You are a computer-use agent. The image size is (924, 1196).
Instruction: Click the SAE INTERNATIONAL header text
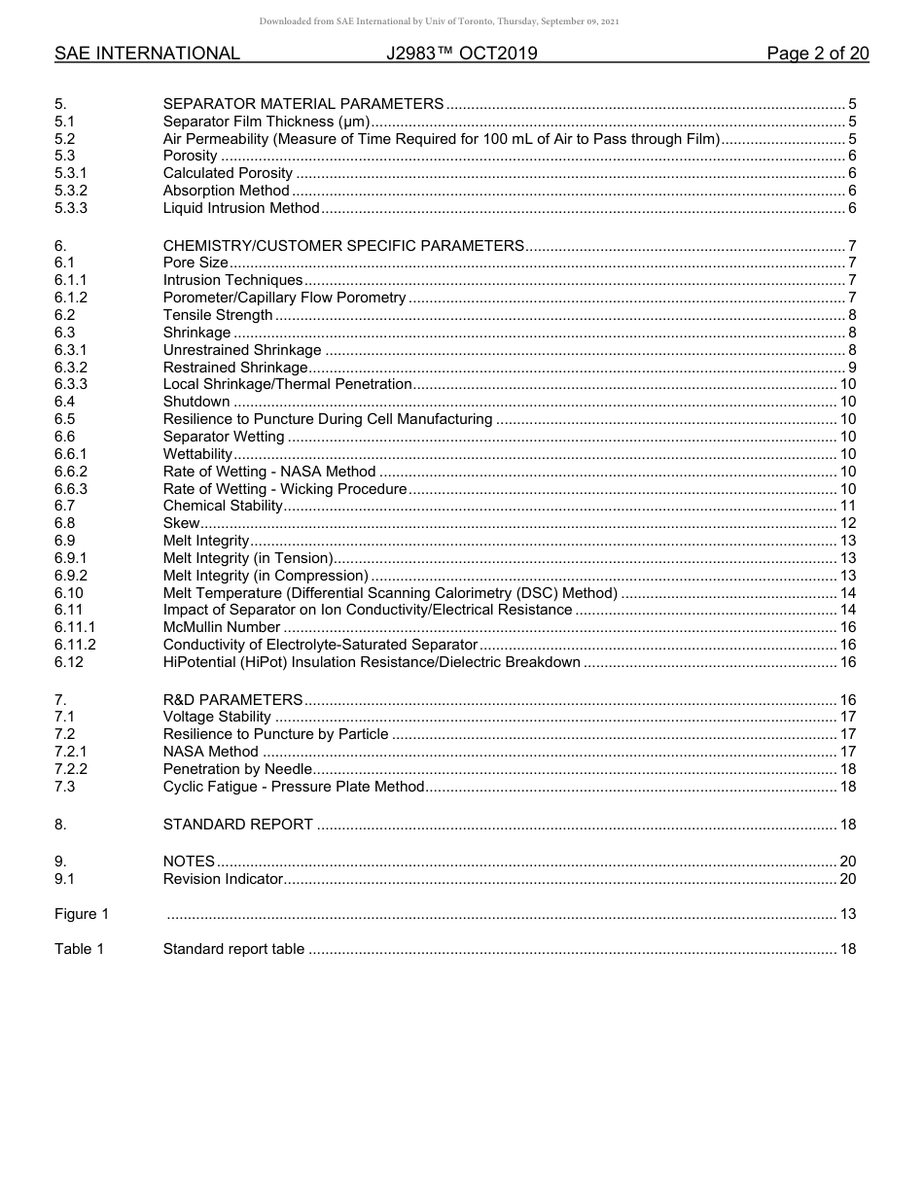(147, 54)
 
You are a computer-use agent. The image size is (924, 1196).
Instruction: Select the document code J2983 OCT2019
(461, 54)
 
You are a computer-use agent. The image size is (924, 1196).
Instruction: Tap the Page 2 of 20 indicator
(817, 54)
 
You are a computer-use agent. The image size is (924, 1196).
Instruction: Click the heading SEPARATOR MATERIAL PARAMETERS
(303, 104)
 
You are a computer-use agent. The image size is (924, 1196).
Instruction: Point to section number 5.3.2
(71, 191)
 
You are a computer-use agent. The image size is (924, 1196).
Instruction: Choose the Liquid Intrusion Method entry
(241, 208)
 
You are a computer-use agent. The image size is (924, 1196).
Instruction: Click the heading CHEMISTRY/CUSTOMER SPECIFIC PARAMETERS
(343, 246)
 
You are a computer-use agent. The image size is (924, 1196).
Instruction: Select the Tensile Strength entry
(218, 315)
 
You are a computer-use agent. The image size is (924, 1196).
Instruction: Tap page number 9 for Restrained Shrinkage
(851, 368)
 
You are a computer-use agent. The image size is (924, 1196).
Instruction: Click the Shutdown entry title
(196, 402)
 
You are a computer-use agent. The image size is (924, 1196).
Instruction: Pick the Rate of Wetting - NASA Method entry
(269, 472)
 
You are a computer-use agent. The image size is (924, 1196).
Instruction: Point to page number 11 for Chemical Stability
(847, 506)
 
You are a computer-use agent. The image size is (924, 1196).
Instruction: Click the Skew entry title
(182, 523)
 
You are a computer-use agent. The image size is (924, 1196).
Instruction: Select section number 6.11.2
(75, 645)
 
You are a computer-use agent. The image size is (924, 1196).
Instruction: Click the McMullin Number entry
(222, 627)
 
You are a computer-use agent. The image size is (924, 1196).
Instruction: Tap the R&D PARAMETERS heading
(233, 700)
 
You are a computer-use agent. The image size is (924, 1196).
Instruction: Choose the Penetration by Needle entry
(237, 769)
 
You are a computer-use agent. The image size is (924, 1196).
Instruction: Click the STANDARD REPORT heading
(238, 825)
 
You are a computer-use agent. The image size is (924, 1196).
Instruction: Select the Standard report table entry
(233, 949)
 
